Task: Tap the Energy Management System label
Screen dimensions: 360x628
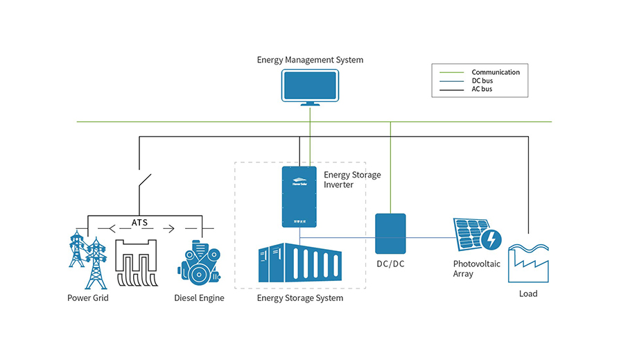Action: pos(310,60)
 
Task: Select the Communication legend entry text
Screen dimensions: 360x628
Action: pos(495,72)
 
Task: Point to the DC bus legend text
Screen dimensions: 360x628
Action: pos(482,80)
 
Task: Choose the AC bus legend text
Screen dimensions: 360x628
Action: pos(482,89)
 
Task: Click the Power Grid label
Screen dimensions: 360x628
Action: pos(88,298)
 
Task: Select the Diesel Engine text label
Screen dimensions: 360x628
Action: pos(199,298)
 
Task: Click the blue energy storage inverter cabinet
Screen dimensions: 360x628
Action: pos(299,196)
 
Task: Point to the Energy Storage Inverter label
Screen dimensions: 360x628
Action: pos(352,180)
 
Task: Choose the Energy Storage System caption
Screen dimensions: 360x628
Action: pos(300,298)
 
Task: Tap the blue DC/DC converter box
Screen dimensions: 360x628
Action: pos(390,234)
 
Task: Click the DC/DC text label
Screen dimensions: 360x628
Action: pos(390,265)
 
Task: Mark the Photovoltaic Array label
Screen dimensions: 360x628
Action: pos(476,269)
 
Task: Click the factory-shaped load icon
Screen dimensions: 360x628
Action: pos(528,263)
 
